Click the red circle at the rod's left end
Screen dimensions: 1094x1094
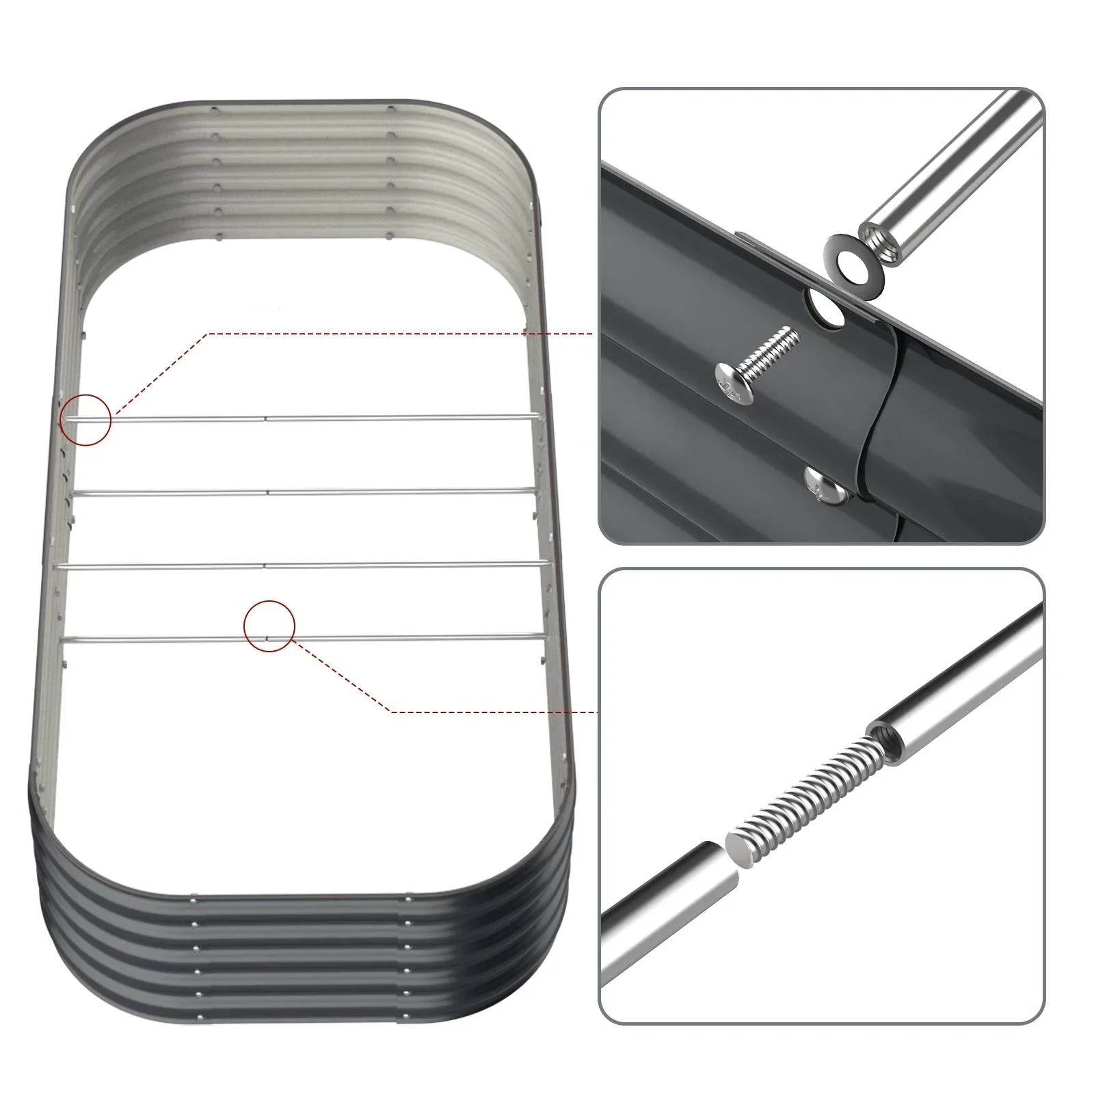[x=86, y=420]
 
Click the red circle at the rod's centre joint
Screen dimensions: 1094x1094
[x=269, y=625]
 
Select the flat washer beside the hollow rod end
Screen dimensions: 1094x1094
[x=851, y=261]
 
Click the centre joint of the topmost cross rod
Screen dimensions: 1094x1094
[x=265, y=418]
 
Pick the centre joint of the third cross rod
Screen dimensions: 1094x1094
[x=265, y=565]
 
